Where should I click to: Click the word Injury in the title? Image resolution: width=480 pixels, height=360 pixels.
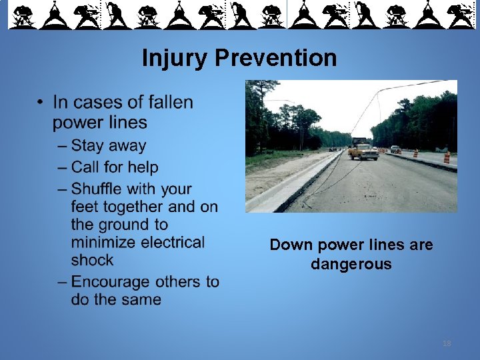175,59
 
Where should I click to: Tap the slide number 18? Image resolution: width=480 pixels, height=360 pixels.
446,343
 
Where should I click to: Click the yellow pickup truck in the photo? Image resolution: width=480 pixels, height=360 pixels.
363,151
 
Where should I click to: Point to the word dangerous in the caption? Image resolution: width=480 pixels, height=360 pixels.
351,265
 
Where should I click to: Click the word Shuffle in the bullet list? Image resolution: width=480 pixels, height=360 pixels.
101,190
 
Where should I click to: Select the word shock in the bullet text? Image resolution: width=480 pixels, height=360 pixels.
92,260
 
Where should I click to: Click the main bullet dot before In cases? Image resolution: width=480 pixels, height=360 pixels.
41,103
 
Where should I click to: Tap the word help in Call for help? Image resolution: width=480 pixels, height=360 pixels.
143,167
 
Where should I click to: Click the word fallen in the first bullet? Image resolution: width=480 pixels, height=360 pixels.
170,103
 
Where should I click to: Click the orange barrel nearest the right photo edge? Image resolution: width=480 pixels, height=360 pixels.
447,157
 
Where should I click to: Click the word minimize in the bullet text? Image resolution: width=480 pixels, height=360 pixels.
104,242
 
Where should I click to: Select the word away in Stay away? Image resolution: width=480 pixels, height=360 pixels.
127,146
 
